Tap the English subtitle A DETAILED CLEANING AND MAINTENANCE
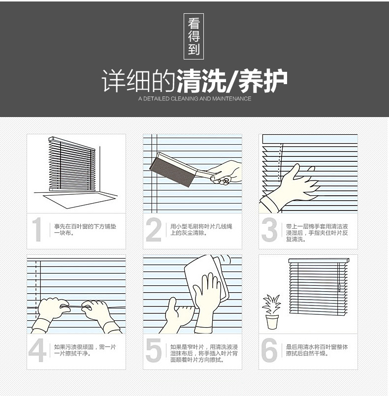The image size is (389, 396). [194, 99]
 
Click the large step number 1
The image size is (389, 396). [37, 230]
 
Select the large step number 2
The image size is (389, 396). [154, 230]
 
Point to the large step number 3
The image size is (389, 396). [269, 230]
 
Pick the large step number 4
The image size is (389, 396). [37, 350]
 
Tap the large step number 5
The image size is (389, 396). [154, 350]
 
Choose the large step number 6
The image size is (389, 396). [269, 350]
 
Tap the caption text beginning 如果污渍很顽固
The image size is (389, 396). [85, 350]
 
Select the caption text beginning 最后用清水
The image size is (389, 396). [317, 350]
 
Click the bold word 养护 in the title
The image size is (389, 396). [263, 81]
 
